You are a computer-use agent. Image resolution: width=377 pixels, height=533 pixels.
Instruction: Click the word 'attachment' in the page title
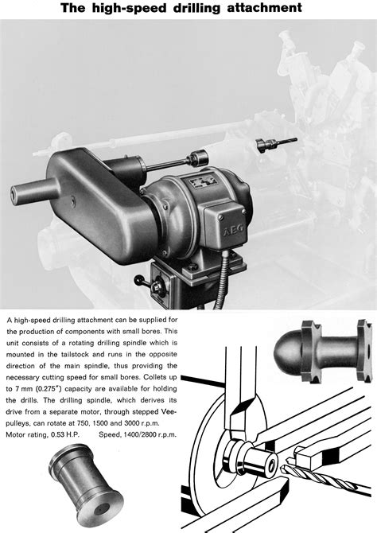[x=259, y=8]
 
